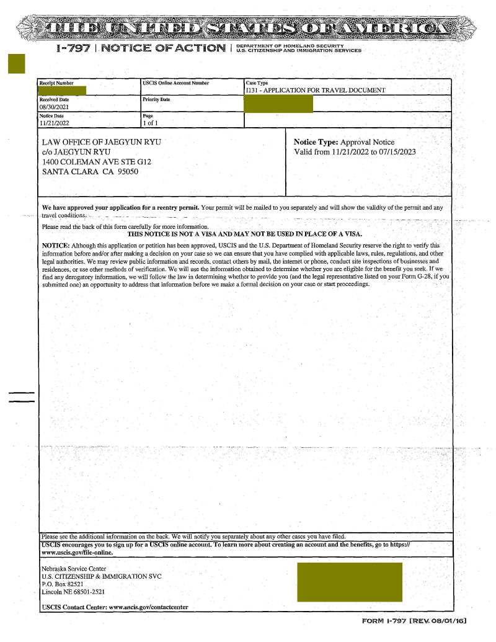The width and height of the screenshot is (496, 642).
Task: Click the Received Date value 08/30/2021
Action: (x=54, y=107)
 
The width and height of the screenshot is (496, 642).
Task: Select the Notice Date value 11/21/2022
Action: (x=54, y=123)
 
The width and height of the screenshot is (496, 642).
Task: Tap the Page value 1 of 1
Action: (x=151, y=123)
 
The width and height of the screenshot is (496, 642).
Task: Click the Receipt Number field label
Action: (x=56, y=82)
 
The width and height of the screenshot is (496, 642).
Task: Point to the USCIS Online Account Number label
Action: (x=175, y=82)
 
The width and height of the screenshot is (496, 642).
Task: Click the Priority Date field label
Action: (x=156, y=99)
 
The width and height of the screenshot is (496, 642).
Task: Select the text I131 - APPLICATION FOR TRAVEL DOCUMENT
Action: (x=316, y=91)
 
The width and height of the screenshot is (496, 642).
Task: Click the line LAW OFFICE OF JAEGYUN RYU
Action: (x=101, y=142)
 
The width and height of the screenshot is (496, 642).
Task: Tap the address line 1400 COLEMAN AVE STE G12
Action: (x=96, y=162)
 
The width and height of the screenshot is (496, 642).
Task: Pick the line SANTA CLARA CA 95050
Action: (x=90, y=172)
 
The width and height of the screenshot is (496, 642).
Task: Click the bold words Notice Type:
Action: (x=316, y=142)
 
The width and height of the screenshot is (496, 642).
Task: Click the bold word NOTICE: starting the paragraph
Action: (x=55, y=245)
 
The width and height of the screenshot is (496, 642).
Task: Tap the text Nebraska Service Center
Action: (x=74, y=569)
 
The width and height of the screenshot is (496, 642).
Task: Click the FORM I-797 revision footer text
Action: (x=414, y=621)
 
